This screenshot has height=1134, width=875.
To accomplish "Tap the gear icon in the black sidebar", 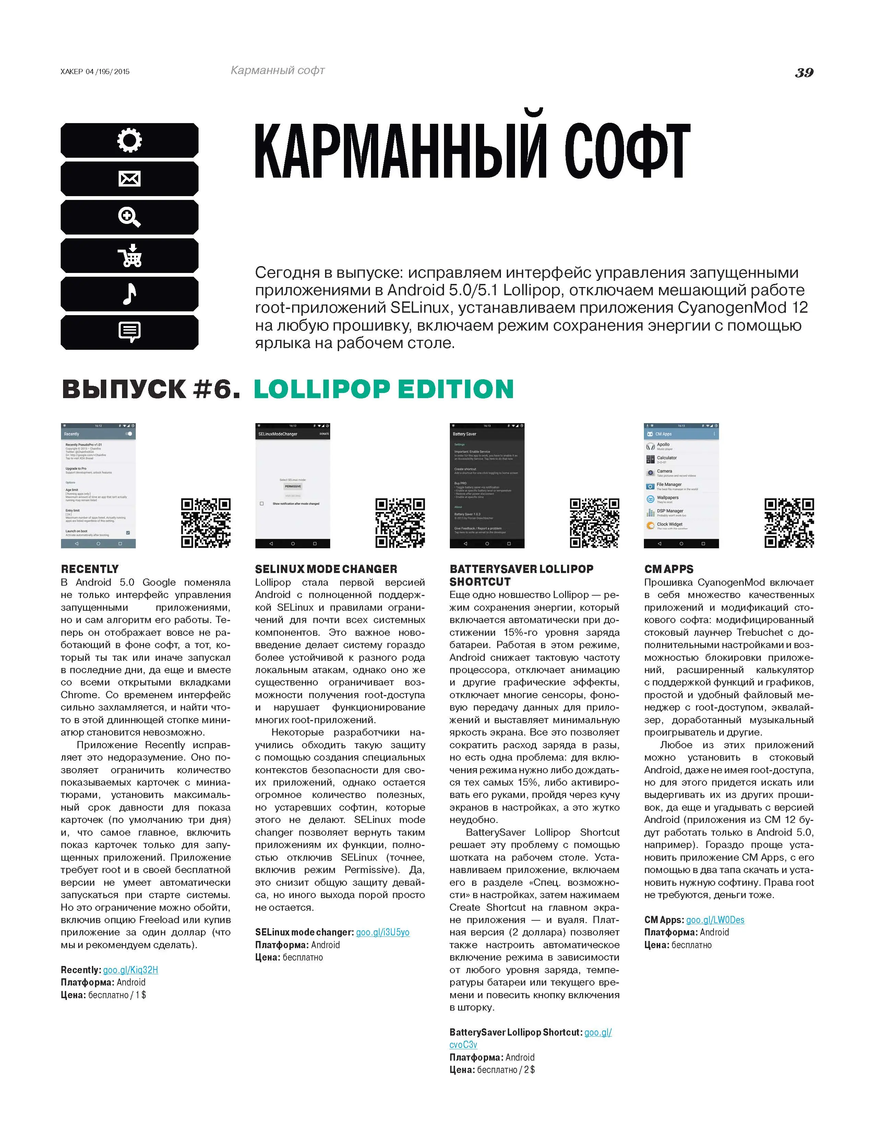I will tap(129, 140).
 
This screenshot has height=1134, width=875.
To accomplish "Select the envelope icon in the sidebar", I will tap(129, 179).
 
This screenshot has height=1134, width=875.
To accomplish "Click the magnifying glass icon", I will tap(129, 217).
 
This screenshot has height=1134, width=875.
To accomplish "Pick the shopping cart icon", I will tap(129, 255).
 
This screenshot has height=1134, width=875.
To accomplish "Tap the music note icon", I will tap(129, 294).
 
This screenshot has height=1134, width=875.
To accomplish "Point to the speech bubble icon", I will tap(129, 332).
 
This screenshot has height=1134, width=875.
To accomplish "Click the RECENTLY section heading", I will tap(90, 569).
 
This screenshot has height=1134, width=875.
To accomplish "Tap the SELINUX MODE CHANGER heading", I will tap(326, 569).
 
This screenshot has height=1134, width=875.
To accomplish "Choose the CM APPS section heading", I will tap(669, 569).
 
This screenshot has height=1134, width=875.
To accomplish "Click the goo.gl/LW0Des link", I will tap(715, 920).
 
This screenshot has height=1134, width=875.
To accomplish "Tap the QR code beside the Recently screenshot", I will tap(206, 523).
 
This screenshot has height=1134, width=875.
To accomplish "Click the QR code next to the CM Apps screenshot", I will tap(789, 523).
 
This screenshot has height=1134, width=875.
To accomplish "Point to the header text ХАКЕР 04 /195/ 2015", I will tap(95, 72).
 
